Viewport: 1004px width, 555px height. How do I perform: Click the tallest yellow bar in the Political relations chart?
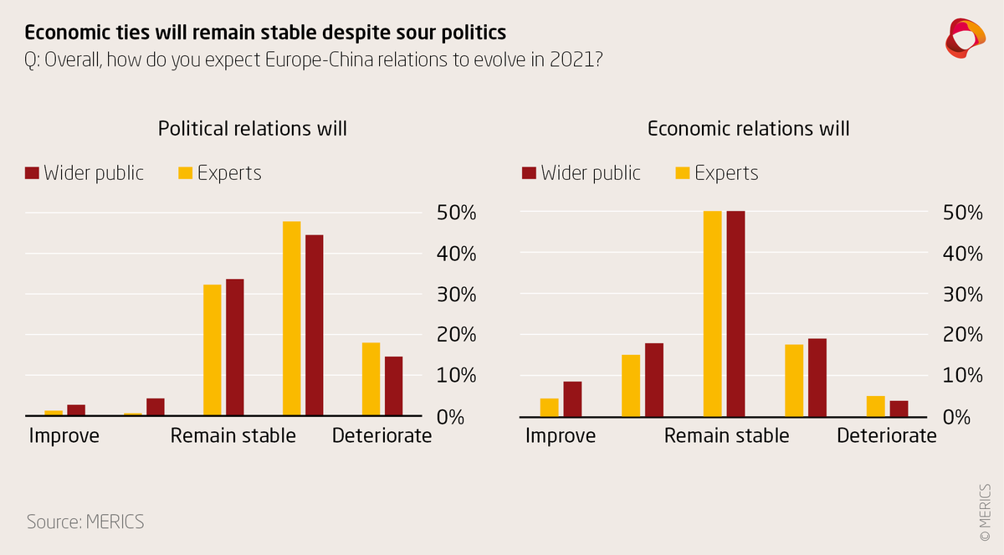[291, 318]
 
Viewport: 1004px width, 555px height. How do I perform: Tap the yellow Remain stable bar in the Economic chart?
[712, 313]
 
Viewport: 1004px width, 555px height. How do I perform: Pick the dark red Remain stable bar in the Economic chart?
[735, 313]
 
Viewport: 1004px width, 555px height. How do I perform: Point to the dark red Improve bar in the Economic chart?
[572, 398]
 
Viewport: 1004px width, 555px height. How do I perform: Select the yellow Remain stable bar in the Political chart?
[213, 350]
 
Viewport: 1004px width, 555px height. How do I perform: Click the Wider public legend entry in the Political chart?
[84, 173]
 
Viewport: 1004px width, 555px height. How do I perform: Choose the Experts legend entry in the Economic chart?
[716, 173]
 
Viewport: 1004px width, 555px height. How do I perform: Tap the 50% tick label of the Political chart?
[456, 213]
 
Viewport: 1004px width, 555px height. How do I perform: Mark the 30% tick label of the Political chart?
[456, 295]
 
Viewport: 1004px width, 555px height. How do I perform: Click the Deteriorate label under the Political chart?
[382, 436]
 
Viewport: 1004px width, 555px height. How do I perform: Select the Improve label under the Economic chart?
[561, 436]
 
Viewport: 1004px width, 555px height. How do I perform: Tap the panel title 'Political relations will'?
[252, 129]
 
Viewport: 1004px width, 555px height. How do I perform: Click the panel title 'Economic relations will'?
[749, 129]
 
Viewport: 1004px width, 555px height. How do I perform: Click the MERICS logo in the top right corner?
[966, 38]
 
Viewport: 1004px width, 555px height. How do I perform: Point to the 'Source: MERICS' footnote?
[85, 522]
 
